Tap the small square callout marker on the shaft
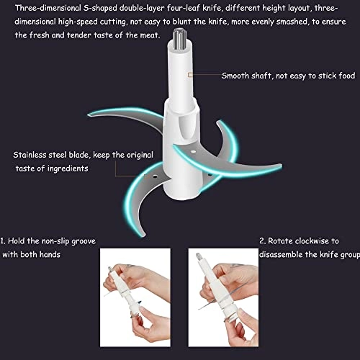point(190,75)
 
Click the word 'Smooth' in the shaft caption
point(235,76)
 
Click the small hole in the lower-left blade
point(156,176)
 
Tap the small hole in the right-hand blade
point(193,151)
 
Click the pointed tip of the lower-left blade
point(143,235)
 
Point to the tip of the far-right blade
point(280,166)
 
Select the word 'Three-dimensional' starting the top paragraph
point(48,9)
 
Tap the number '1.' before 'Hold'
point(3,240)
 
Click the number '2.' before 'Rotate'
point(263,240)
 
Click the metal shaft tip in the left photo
point(110,269)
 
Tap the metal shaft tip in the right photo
point(198,256)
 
